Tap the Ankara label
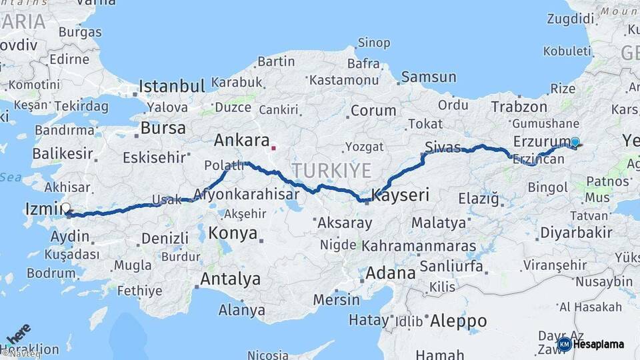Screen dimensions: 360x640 pos(241,141)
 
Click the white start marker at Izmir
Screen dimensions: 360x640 pos(65,208)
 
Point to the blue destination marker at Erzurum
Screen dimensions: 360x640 pos(575,141)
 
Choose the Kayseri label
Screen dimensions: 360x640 pos(400,196)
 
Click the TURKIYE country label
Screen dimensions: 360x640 pos(331,171)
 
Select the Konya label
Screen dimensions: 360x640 pos(233,233)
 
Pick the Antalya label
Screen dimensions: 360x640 pos(231,279)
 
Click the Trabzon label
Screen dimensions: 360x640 pos(519,107)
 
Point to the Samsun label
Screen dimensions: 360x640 pos(428,77)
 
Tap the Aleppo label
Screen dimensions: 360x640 pos(458,321)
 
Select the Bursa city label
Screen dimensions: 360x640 pos(163,128)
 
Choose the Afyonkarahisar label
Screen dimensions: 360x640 pos(246,195)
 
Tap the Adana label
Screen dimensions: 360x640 pos(391,273)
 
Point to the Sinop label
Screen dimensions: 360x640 pos(374,43)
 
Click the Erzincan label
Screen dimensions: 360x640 pos(537,159)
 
